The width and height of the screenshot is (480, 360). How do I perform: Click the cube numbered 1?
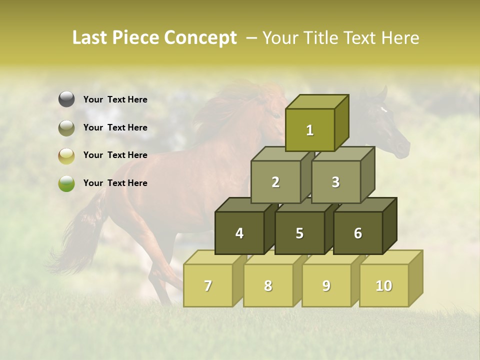310,130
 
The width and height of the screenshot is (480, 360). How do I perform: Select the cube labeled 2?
275,182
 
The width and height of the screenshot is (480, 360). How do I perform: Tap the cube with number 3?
335,182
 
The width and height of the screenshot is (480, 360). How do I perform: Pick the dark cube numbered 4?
239,233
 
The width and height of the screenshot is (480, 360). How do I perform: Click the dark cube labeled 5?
299,233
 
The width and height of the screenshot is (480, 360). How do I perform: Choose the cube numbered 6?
358,233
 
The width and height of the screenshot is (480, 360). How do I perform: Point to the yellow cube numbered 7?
208,285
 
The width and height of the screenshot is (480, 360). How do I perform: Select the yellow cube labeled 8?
268,285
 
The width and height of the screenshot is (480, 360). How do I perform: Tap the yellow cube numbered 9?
326,285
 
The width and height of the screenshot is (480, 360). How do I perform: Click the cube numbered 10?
384,285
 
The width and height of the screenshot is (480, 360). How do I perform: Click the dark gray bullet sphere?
66,99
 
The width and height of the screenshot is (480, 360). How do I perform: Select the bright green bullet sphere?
66,183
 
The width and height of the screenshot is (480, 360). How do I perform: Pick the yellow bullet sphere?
66,156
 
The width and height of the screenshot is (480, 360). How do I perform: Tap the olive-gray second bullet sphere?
66,128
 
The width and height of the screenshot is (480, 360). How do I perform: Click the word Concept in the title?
200,38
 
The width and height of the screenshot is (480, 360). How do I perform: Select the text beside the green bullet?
115,183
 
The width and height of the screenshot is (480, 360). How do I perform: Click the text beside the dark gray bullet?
115,99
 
